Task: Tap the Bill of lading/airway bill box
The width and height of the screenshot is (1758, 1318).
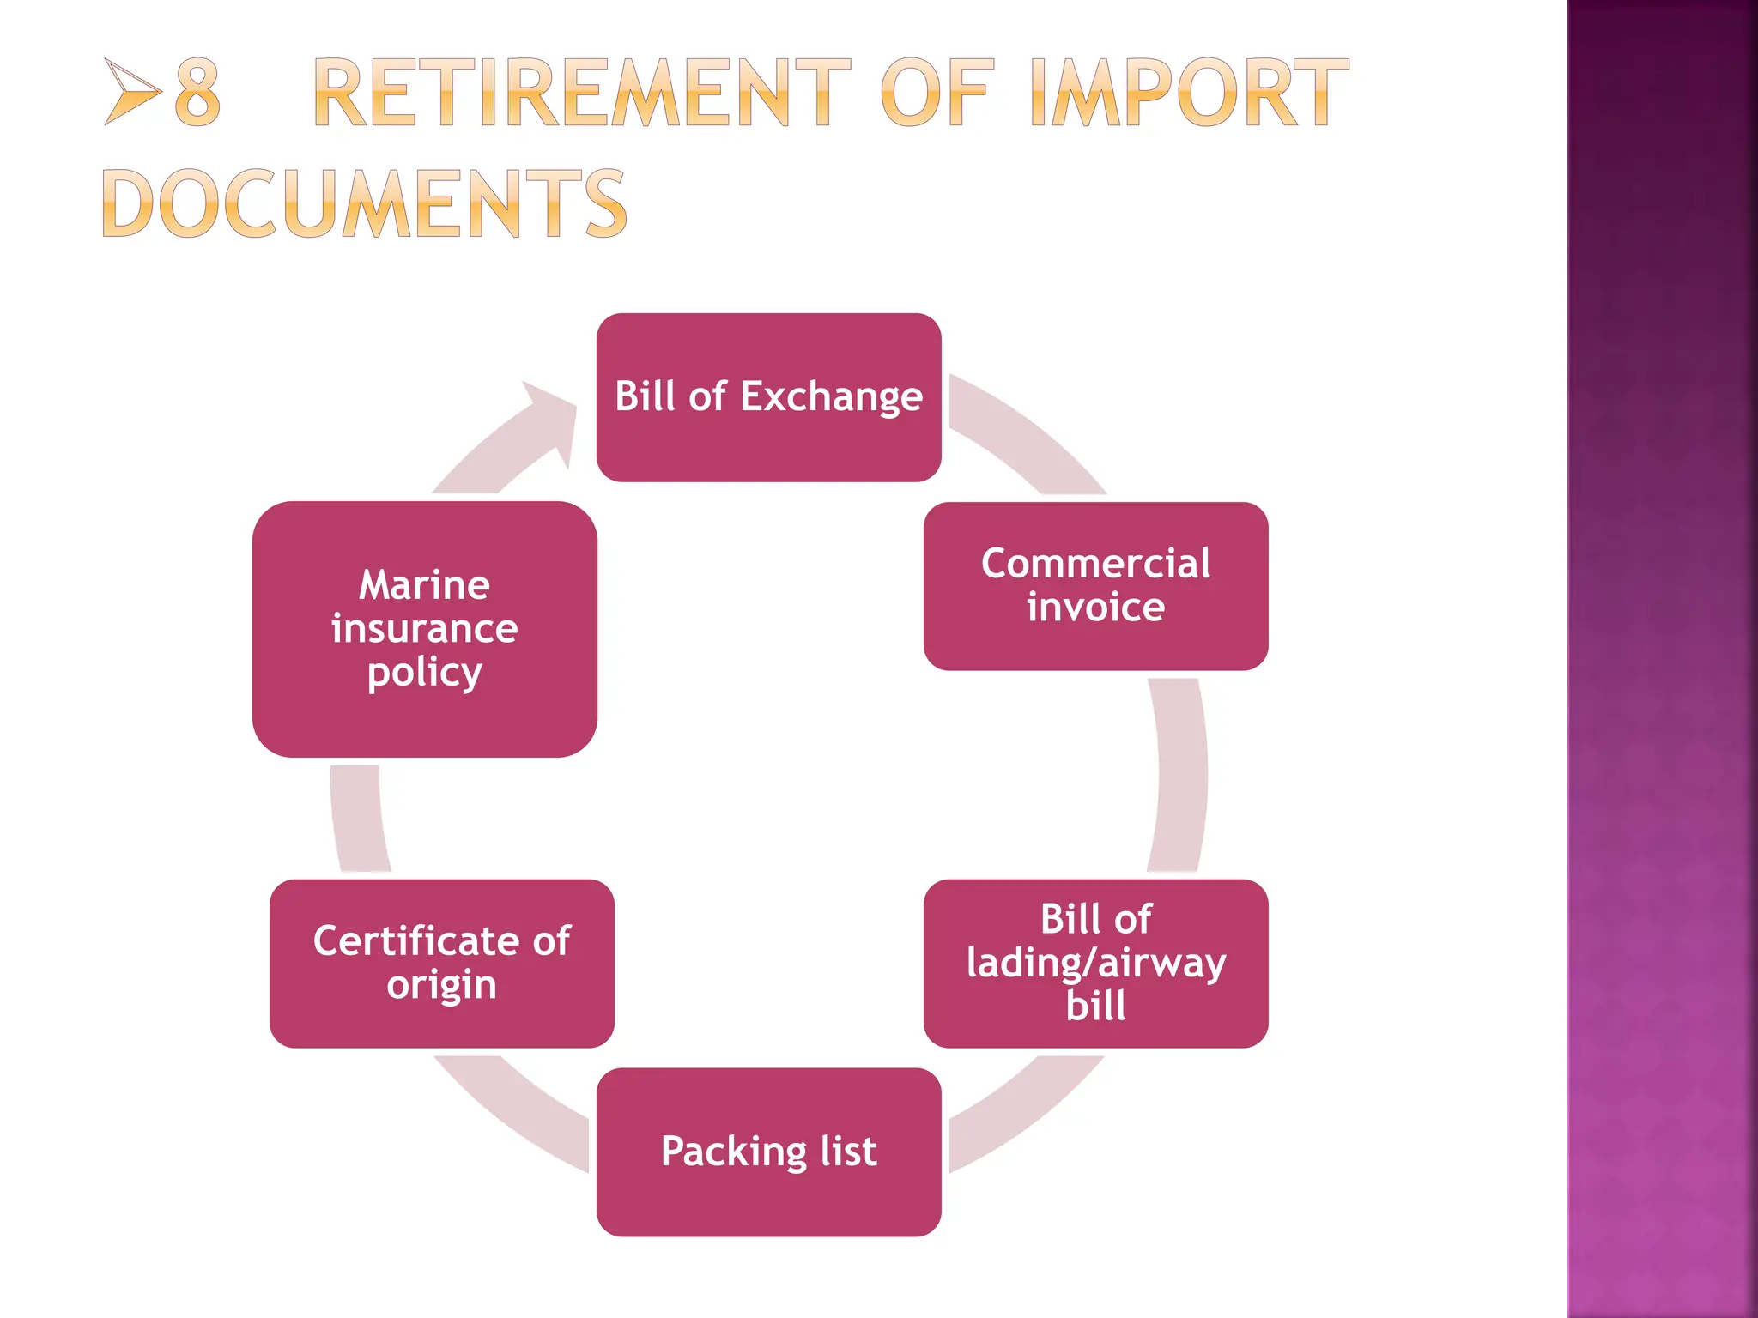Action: (1095, 963)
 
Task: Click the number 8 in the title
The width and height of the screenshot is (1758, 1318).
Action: (197, 93)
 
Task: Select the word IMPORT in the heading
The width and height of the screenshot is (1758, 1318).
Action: (1188, 93)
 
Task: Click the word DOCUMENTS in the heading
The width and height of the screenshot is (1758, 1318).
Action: (365, 203)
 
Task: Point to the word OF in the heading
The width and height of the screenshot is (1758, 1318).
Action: (937, 93)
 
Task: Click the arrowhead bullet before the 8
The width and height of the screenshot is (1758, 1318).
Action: (132, 91)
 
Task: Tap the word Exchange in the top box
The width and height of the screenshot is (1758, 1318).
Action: (831, 397)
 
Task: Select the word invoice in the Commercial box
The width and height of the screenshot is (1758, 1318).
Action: (1095, 608)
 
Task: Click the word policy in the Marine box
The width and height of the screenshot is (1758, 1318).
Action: (424, 673)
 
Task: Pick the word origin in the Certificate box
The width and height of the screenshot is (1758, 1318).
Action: (441, 985)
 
